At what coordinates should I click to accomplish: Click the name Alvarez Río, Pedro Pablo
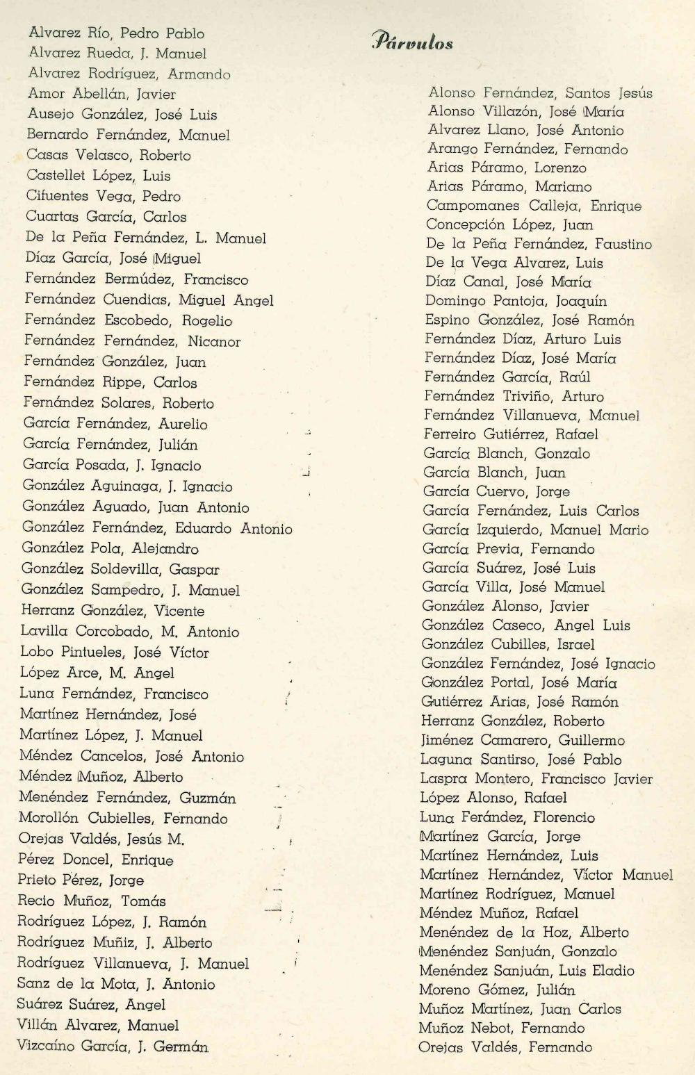(x=116, y=33)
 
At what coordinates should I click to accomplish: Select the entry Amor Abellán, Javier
(x=101, y=94)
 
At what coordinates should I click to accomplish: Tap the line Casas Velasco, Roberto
(x=108, y=155)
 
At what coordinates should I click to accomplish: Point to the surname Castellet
(x=56, y=175)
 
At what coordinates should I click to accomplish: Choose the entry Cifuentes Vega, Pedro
(x=103, y=196)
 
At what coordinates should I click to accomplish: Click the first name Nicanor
(x=214, y=341)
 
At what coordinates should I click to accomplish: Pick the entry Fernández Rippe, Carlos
(x=110, y=382)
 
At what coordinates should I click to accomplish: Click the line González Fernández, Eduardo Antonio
(x=157, y=528)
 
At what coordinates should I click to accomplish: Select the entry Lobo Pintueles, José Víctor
(x=115, y=653)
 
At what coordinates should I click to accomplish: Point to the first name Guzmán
(x=208, y=798)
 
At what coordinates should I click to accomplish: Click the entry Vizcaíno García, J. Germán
(x=113, y=1046)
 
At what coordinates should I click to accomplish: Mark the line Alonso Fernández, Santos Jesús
(x=540, y=92)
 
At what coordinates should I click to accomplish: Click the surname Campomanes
(x=473, y=206)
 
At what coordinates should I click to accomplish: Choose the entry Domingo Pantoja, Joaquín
(x=516, y=301)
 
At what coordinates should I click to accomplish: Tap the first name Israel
(x=575, y=644)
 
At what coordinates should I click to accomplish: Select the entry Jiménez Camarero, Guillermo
(x=523, y=740)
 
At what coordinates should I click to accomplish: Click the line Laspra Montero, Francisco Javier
(x=536, y=779)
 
